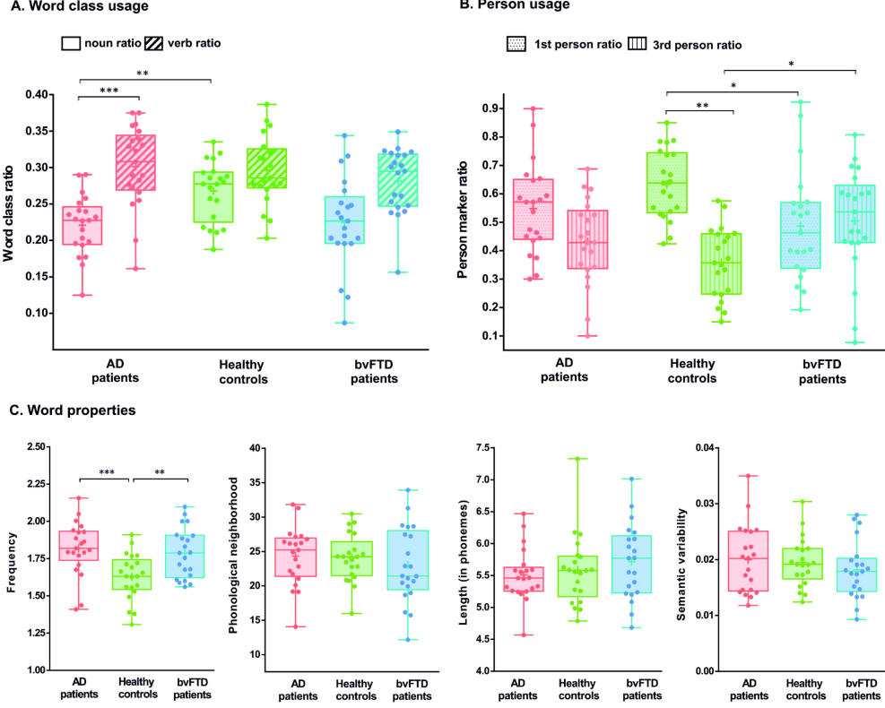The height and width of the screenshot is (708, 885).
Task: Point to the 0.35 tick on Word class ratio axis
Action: [39, 131]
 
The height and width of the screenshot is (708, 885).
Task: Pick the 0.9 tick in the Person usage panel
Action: [490, 108]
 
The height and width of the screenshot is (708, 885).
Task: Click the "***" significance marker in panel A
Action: [108, 91]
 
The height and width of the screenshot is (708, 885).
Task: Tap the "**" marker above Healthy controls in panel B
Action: [700, 106]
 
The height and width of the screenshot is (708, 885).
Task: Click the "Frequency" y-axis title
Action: [11, 557]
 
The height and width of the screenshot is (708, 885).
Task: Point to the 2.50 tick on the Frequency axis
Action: [37, 446]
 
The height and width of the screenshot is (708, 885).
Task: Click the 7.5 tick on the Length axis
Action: [464, 447]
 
